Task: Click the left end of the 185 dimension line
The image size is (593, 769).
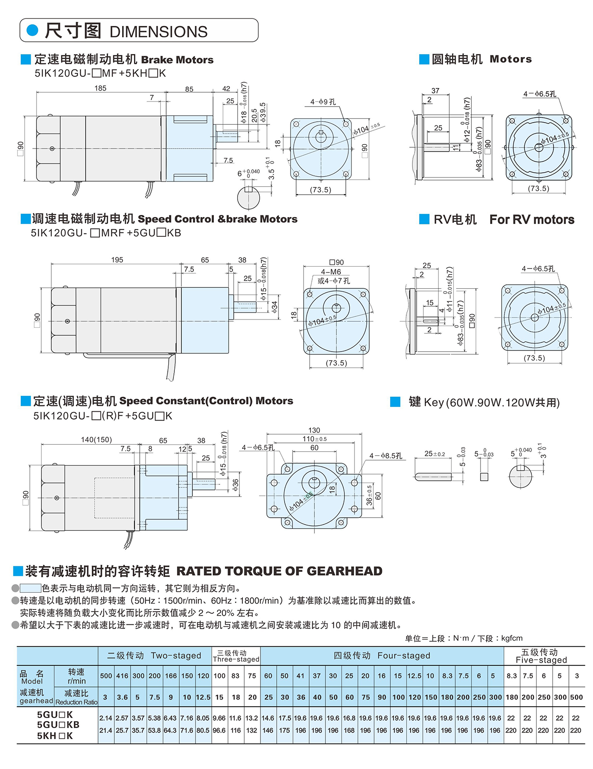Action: click(36, 92)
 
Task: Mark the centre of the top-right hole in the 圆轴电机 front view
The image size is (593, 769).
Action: click(566, 120)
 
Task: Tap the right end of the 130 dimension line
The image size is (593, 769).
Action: click(362, 434)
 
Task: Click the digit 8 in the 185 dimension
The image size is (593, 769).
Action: click(100, 88)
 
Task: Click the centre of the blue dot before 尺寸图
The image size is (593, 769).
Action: click(33, 30)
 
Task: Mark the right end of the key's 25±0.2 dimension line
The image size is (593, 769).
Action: click(452, 458)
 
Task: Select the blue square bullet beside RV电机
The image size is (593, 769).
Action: click(424, 219)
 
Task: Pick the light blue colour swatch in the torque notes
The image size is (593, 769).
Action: click(31, 588)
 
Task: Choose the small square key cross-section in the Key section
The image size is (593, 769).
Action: click(484, 476)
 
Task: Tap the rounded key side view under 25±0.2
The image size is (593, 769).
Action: click(434, 476)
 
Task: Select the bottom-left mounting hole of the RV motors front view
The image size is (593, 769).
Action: click(508, 345)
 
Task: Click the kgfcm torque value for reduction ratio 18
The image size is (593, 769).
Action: click(235, 730)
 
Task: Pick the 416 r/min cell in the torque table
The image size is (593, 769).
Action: click(122, 676)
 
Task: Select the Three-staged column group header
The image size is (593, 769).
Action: click(236, 656)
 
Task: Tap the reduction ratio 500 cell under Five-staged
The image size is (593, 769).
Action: click(576, 697)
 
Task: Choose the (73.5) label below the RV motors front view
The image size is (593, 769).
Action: click(534, 358)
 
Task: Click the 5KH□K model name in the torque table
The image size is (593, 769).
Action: click(55, 736)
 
